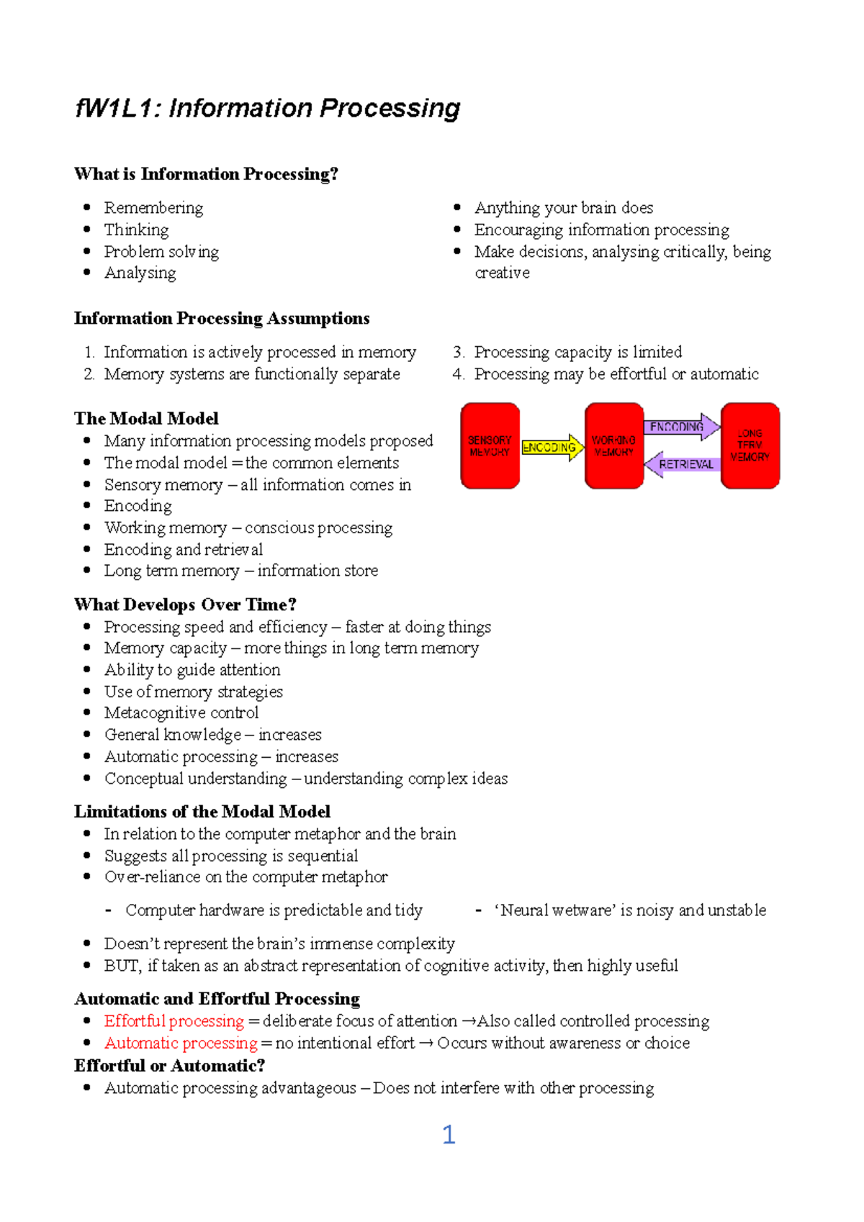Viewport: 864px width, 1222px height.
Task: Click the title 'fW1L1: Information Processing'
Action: pos(267,109)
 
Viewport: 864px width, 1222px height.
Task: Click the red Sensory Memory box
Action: pos(490,445)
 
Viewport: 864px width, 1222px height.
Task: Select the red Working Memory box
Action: pos(613,445)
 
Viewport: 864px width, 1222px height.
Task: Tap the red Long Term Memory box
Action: pos(750,445)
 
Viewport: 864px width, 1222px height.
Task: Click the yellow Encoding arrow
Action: pos(552,448)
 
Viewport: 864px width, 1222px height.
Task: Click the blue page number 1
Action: pos(449,1135)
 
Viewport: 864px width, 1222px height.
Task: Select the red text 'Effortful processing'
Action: pos(174,1020)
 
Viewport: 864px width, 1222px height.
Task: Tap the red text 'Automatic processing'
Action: pos(181,1043)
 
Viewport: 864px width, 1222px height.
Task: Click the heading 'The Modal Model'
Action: pos(146,418)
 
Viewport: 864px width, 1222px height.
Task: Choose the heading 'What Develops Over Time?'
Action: pos(185,605)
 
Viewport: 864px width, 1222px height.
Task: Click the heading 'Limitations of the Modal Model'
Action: pos(202,811)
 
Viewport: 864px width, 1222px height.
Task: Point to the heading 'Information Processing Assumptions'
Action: pos(222,318)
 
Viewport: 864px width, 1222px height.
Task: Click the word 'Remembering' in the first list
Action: pos(153,208)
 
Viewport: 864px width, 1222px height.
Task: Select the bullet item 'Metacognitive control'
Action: pos(181,712)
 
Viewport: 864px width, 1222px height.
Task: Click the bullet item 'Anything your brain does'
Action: pos(564,208)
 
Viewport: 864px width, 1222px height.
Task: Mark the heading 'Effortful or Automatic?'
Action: pos(169,1065)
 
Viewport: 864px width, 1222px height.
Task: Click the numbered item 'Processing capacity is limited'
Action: pos(578,352)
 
